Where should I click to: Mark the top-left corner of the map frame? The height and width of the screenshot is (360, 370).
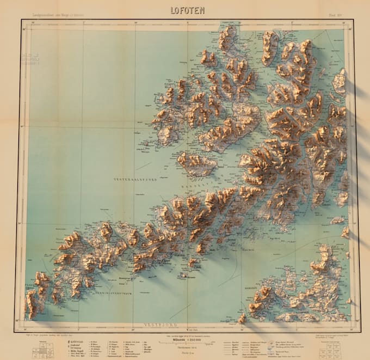[x=21, y=20]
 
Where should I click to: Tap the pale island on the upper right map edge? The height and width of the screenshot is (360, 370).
[x=340, y=82]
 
